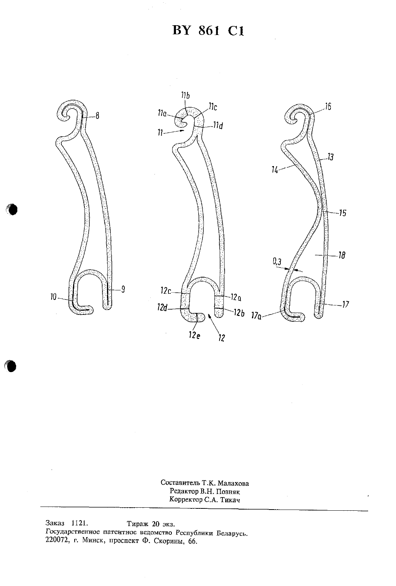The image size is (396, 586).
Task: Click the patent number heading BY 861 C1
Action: [x=208, y=31]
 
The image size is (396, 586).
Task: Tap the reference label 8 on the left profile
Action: [x=97, y=116]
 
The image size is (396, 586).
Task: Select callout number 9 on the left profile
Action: [x=123, y=289]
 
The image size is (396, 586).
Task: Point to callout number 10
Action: [x=54, y=297]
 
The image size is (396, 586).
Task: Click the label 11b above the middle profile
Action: [x=185, y=96]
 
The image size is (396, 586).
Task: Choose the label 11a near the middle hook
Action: [x=162, y=113]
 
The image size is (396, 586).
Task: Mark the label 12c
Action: [x=165, y=290]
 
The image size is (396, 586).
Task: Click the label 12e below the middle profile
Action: [x=194, y=335]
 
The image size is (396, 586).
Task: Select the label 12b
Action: [x=239, y=313]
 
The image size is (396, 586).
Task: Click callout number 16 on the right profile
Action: [x=328, y=107]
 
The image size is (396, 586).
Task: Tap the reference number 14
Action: [x=275, y=171]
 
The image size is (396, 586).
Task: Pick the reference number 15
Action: [x=342, y=213]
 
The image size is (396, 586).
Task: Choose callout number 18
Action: [x=342, y=255]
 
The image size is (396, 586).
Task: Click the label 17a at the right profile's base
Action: [x=256, y=316]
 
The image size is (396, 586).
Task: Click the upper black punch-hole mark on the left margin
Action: [x=12, y=209]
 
